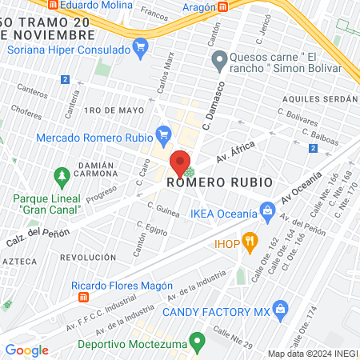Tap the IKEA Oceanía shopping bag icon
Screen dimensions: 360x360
coord(268,214)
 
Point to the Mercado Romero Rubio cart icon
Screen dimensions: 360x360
coord(165,134)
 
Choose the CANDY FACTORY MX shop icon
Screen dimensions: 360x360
coord(280,309)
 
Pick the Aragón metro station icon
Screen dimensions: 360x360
coord(224,6)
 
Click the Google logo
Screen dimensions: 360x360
coord(26,350)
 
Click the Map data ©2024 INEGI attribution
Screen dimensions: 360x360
coord(312,354)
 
